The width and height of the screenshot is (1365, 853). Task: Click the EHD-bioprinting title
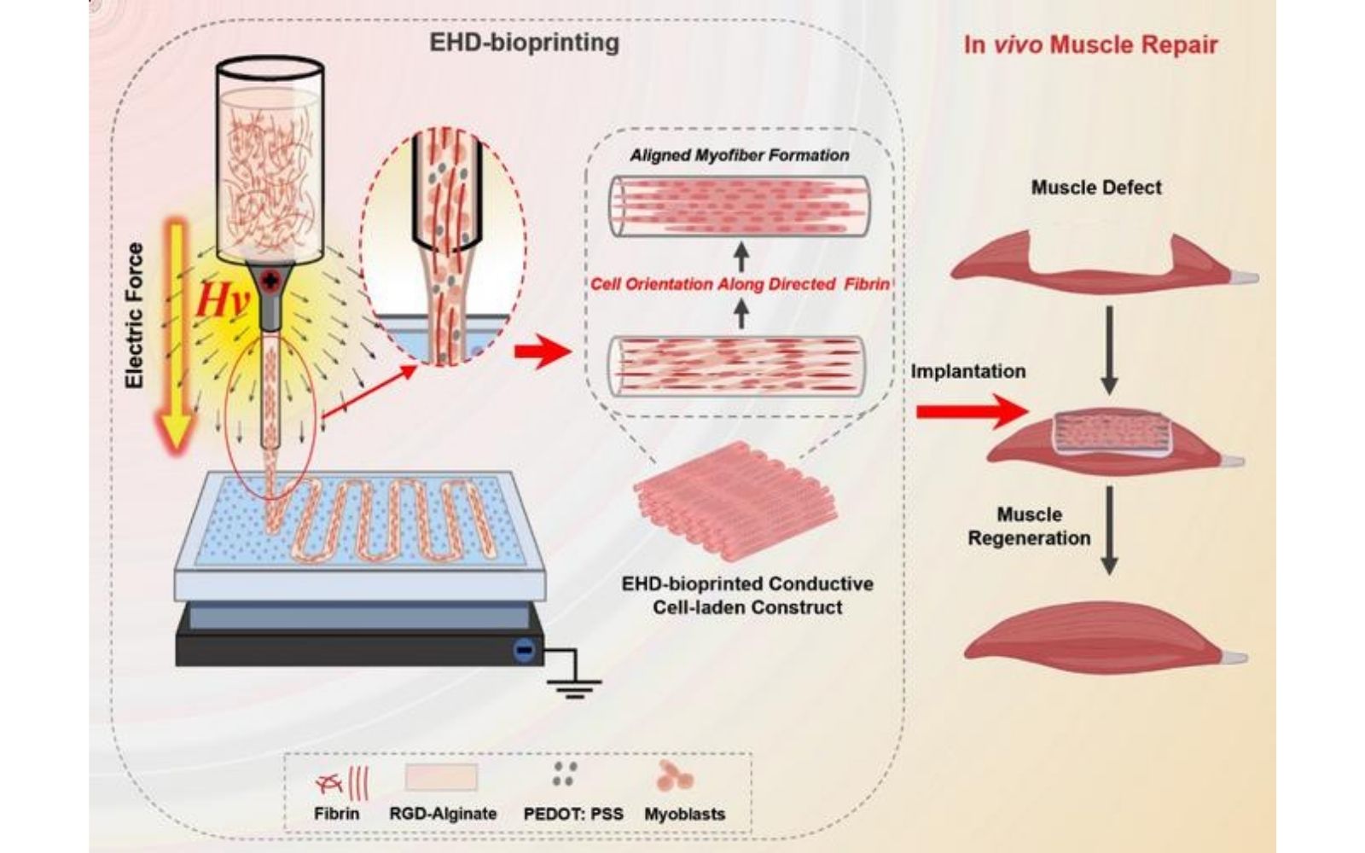click(x=524, y=42)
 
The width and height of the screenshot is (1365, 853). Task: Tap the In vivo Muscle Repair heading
click(x=1090, y=44)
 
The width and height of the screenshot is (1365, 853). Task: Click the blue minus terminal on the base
click(x=524, y=651)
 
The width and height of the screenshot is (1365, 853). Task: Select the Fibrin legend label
click(x=336, y=814)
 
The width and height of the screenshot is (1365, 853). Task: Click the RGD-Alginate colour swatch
click(x=441, y=778)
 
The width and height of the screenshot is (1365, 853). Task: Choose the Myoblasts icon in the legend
click(x=674, y=776)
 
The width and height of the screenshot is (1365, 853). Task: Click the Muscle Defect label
click(x=1096, y=188)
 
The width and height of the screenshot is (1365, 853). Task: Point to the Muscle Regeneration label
click(x=1029, y=526)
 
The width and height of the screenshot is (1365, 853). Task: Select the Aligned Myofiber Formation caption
click(x=740, y=155)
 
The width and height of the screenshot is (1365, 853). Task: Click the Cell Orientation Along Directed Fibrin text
click(x=740, y=284)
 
